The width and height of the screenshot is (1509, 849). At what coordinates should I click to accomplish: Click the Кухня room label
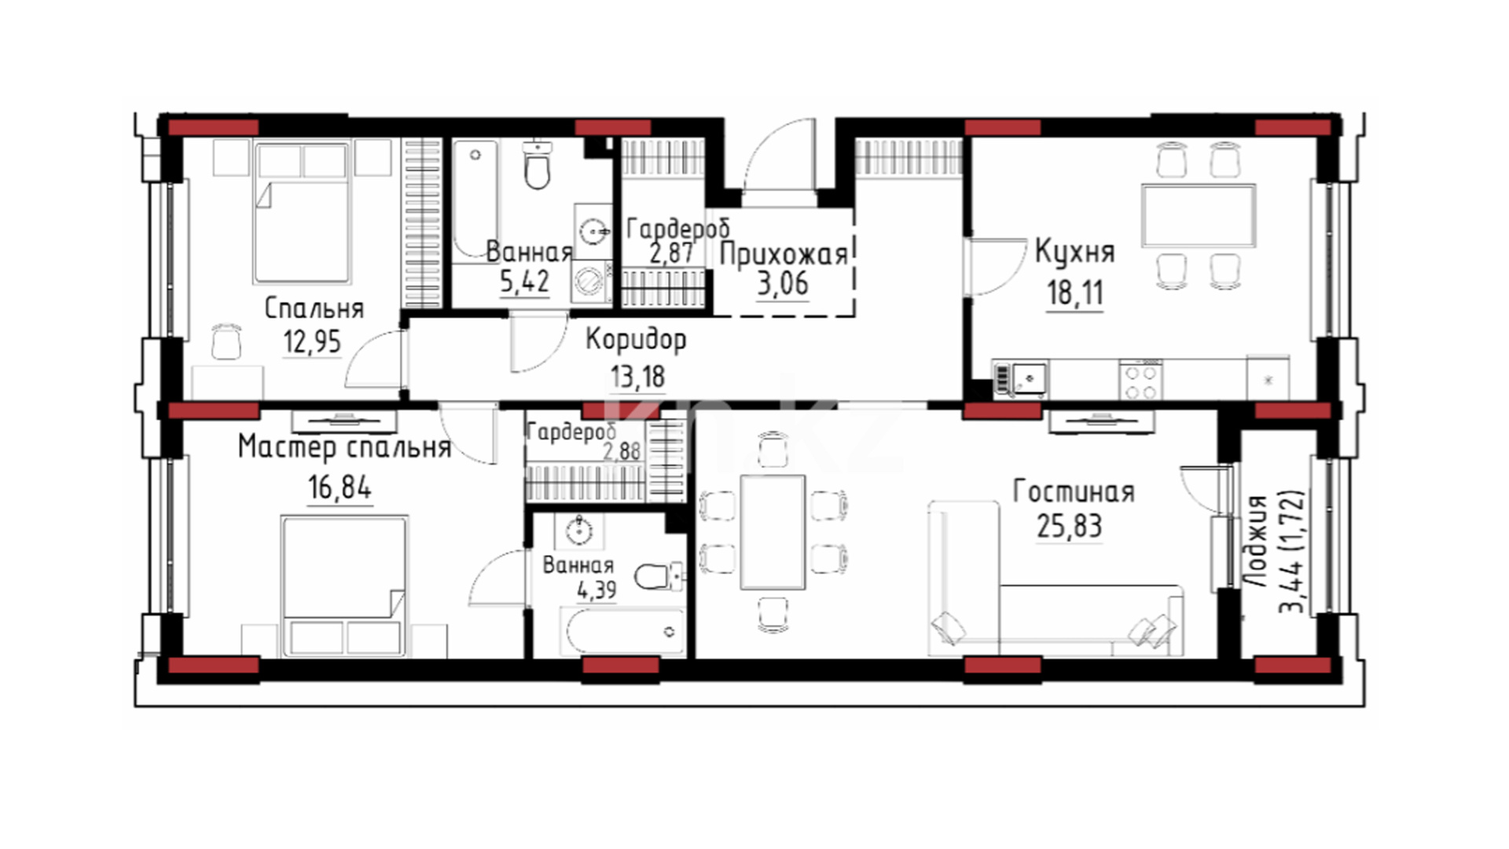click(1074, 252)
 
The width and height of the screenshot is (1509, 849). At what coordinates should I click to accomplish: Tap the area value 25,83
click(1069, 526)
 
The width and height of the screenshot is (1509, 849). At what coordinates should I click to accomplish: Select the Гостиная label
click(1074, 492)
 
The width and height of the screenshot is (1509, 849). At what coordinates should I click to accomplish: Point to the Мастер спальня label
click(344, 448)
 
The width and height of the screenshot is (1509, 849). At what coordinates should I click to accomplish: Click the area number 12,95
click(312, 342)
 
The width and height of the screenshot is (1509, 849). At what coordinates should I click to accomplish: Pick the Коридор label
click(636, 340)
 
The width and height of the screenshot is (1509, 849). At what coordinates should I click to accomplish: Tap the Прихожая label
click(784, 255)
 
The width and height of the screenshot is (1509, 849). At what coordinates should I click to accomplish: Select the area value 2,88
click(622, 451)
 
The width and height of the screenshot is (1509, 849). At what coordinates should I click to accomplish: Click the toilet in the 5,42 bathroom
click(538, 164)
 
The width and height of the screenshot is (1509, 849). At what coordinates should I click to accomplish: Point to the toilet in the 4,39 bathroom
click(657, 576)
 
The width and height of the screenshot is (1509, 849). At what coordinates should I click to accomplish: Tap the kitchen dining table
click(1199, 215)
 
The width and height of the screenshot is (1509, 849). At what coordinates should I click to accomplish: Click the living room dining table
click(773, 531)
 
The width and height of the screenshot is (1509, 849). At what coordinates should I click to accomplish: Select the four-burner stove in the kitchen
click(1141, 380)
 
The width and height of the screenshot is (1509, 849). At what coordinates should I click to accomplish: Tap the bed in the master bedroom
click(344, 586)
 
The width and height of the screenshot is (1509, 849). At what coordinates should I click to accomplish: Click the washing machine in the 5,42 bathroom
click(591, 281)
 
